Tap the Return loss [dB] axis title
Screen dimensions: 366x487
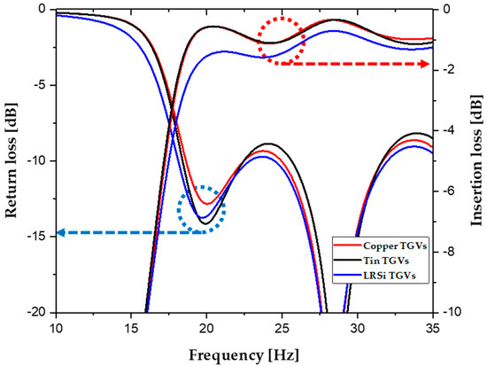12,160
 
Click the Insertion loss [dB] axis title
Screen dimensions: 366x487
475,160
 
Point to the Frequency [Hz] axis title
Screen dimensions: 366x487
244,354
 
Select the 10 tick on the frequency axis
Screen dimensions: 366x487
56,326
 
